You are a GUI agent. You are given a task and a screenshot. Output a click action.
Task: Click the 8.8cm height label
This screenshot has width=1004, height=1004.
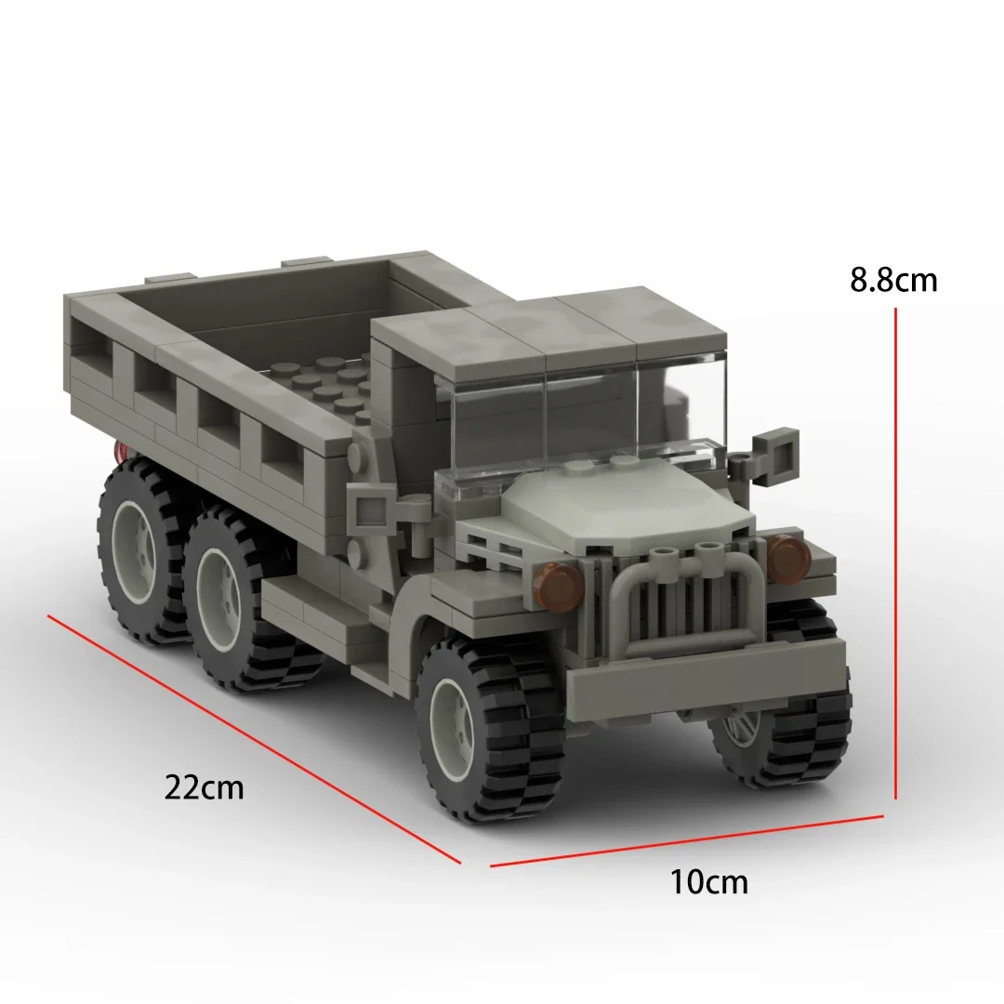(x=893, y=281)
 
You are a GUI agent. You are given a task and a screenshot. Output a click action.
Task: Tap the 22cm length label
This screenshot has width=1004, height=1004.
(x=205, y=787)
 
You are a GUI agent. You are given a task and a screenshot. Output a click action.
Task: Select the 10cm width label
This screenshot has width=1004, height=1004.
(x=708, y=881)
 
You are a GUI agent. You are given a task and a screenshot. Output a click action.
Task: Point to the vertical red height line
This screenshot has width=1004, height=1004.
(x=895, y=554)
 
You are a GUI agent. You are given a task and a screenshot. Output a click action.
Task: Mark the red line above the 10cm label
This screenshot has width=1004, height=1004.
(x=686, y=840)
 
